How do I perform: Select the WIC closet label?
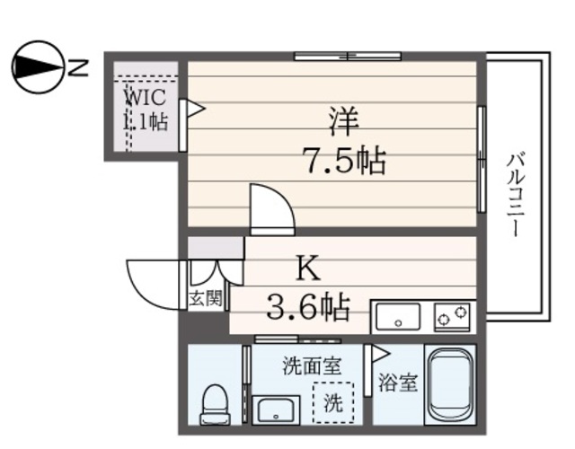tap(145, 109)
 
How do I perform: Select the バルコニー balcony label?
tap(515, 193)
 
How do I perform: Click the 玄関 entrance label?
tap(205, 298)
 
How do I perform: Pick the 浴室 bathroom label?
tap(396, 383)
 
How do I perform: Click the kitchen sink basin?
tap(396, 317)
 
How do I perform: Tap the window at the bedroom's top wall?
tap(348, 57)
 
